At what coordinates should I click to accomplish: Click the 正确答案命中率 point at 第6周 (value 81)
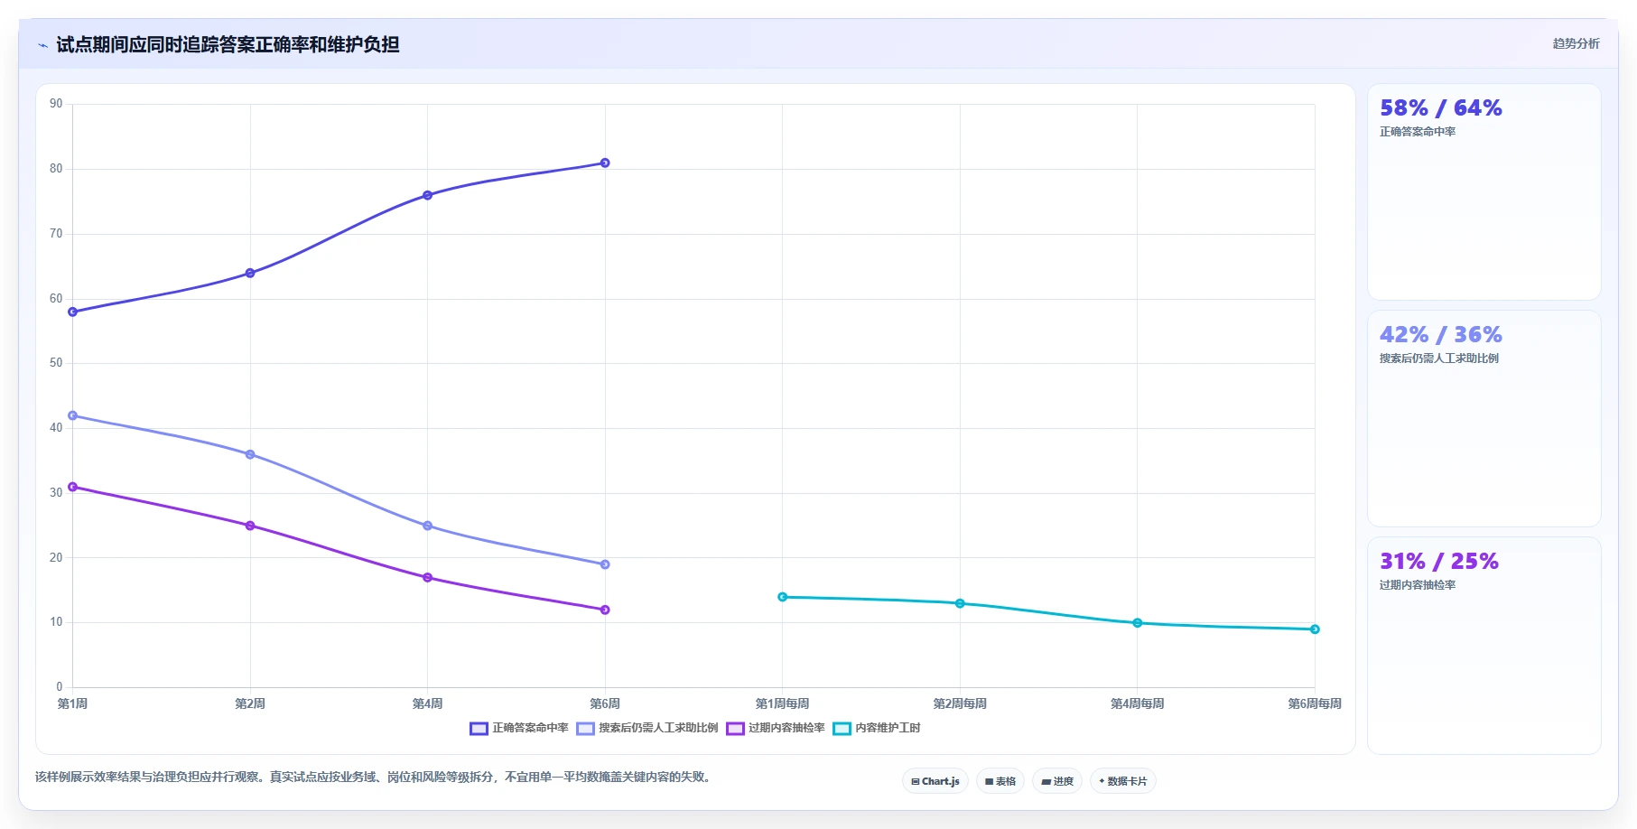[605, 163]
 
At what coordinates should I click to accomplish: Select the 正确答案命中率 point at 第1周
[73, 312]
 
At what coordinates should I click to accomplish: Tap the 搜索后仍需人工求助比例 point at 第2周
[250, 454]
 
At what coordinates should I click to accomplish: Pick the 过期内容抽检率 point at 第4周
[428, 578]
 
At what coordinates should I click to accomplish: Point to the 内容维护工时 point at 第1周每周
[783, 597]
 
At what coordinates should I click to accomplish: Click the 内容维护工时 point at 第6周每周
[1315, 629]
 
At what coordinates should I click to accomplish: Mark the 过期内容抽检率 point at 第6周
[605, 610]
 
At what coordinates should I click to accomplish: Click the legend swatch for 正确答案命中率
[479, 729]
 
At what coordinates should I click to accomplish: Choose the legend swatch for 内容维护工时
[842, 729]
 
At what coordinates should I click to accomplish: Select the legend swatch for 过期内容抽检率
[735, 729]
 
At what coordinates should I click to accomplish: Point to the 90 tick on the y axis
[56, 104]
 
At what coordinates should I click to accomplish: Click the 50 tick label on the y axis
[56, 363]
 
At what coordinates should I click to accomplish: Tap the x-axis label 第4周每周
[1137, 703]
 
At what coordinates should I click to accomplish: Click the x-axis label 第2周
[250, 703]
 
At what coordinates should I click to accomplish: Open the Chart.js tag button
[935, 781]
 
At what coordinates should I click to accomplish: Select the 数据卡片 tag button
[1123, 781]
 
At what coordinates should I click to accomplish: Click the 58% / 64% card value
[1441, 108]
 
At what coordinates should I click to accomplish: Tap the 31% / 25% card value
[1439, 562]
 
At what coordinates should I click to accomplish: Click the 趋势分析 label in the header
[1576, 43]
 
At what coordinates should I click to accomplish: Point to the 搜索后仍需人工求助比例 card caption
[1439, 359]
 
